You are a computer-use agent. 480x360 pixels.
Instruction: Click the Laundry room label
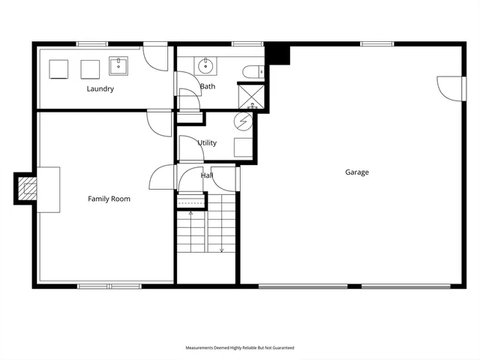pos(100,89)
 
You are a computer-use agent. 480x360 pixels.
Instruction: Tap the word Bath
pos(208,87)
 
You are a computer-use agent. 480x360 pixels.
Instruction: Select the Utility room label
pos(207,142)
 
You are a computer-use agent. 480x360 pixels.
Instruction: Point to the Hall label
pos(207,175)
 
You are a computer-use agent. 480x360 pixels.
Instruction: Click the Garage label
pos(356,172)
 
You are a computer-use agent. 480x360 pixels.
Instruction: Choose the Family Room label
pos(109,199)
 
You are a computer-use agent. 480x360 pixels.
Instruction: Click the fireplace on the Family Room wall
pos(26,188)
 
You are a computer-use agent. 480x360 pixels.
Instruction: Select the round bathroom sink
pos(207,67)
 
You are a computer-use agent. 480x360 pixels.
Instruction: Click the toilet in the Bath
pos(253,72)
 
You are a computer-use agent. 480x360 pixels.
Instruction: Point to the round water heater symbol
pos(244,121)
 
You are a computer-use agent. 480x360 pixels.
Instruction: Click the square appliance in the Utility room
pos(243,146)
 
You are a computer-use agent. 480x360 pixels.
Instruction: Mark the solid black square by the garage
pos(279,55)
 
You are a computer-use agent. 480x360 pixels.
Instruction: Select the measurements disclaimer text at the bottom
pos(240,348)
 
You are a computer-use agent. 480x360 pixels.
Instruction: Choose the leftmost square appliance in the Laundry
pos(59,69)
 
